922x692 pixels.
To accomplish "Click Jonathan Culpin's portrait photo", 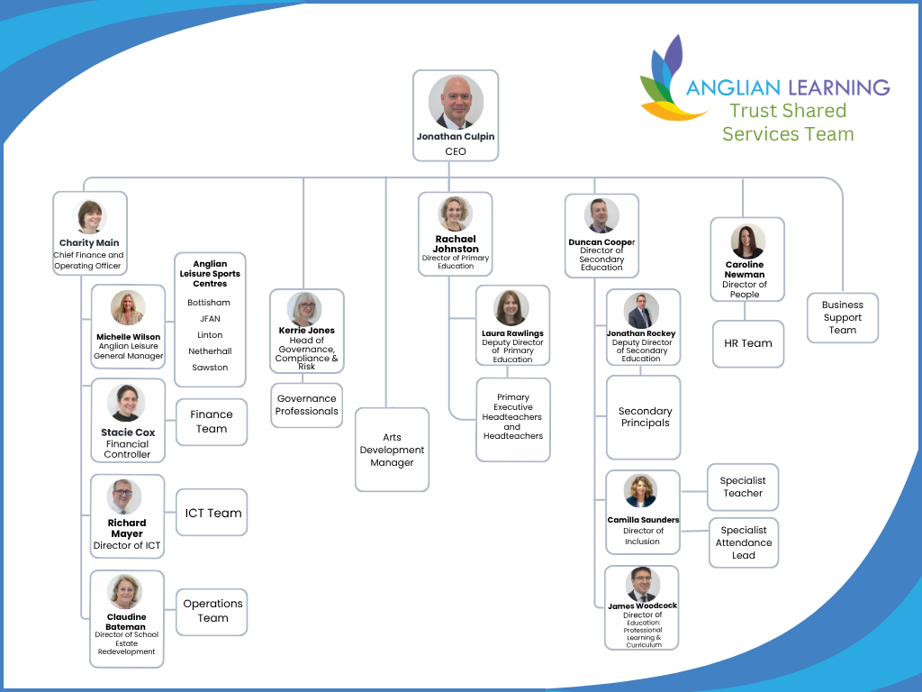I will tap(456, 102).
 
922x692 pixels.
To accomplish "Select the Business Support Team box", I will tap(842, 317).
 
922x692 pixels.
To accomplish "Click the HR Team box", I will tap(747, 343).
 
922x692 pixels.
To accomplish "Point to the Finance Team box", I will tap(212, 422).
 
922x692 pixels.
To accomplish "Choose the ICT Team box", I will tap(212, 513).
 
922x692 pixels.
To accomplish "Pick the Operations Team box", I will tap(212, 611).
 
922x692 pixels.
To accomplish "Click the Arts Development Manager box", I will tap(392, 450).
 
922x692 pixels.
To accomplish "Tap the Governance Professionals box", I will tap(307, 405).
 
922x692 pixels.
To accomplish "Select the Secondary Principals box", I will tap(644, 417).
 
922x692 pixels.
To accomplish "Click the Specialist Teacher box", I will tap(743, 487).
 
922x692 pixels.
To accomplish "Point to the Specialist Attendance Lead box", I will tap(743, 542).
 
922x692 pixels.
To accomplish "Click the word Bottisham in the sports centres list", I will tap(209, 303).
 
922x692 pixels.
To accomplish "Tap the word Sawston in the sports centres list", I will tap(210, 368).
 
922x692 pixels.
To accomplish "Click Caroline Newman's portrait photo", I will tap(747, 241).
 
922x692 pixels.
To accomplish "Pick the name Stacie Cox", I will tap(128, 432).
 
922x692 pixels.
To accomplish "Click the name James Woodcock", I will tap(642, 605).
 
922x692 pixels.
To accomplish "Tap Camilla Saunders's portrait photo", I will tap(640, 491).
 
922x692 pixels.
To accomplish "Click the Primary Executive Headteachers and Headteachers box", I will tap(512, 417).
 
